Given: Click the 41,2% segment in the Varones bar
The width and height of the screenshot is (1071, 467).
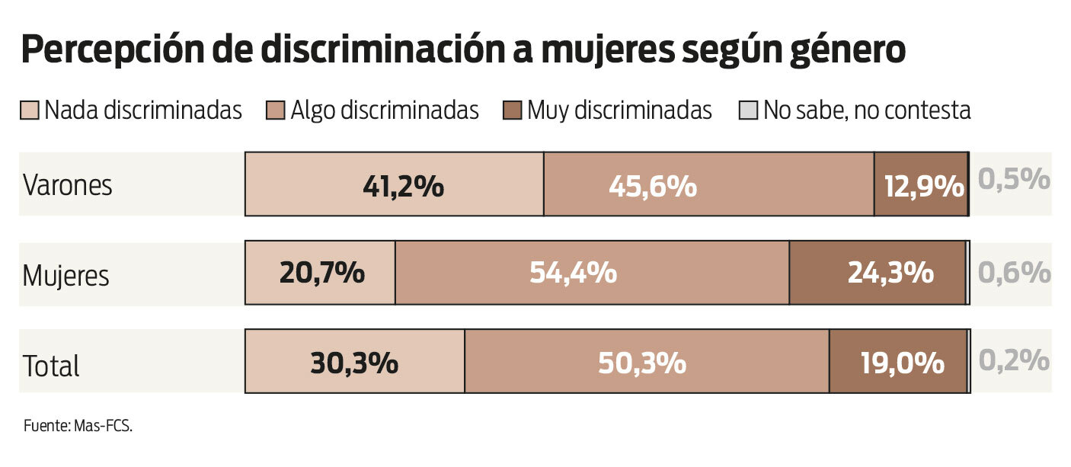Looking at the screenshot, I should [x=394, y=184].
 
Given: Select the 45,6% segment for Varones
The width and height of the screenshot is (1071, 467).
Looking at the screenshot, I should [x=708, y=184].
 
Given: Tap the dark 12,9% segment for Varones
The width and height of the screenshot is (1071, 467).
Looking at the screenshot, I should [x=920, y=184].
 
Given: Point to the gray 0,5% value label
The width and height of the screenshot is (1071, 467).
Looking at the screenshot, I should [x=1014, y=180].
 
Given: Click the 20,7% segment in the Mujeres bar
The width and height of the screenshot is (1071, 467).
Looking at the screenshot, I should [x=320, y=273].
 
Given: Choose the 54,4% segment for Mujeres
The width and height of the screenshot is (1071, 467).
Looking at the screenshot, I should [x=592, y=273].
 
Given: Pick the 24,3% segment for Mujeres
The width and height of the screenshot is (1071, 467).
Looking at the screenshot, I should [x=877, y=273].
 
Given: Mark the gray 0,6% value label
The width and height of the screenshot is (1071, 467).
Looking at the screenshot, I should [x=1014, y=272].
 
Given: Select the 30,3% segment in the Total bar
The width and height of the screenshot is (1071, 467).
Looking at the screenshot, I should [x=355, y=362].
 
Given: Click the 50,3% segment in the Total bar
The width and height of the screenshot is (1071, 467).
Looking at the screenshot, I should [x=647, y=362].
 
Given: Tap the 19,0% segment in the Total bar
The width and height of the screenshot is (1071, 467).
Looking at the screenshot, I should [x=898, y=362].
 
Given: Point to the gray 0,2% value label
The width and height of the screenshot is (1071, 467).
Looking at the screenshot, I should [x=1014, y=361].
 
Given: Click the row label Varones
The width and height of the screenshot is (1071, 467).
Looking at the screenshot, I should [x=68, y=185].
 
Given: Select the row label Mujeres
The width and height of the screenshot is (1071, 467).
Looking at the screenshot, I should [x=66, y=275].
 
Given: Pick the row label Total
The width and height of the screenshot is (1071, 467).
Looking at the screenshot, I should [x=51, y=366].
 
